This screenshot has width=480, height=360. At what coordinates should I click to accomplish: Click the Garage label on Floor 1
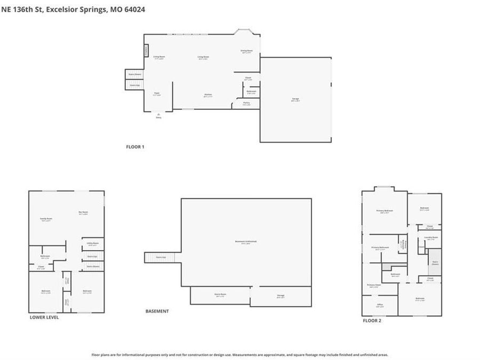point(295,99)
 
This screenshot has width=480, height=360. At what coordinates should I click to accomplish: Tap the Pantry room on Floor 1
point(246,103)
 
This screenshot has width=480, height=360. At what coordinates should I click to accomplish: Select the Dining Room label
point(246,51)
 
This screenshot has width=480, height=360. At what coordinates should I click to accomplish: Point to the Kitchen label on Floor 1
point(208,95)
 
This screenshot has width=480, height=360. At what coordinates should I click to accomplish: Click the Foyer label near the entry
point(157,93)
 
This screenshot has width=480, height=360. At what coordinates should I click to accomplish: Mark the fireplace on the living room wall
point(146,50)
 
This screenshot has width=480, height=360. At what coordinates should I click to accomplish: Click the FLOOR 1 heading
point(135,147)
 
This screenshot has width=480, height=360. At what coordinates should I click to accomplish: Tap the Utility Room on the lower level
point(93,244)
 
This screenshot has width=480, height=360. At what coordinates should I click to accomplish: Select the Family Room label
point(46,219)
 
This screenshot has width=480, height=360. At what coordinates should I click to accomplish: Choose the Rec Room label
point(83,213)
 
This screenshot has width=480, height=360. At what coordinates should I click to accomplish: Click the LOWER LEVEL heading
point(44,317)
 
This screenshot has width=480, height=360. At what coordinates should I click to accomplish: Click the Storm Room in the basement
point(220,294)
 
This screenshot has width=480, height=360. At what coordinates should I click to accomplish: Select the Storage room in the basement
point(281,296)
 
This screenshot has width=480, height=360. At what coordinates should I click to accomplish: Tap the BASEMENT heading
point(157,311)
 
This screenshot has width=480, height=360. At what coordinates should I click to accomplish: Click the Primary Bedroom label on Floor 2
point(385,211)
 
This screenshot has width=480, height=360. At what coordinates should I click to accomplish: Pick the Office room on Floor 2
point(380,305)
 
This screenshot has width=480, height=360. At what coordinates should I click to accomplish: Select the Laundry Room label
point(431,238)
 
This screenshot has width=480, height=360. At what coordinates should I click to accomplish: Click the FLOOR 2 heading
point(372,321)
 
